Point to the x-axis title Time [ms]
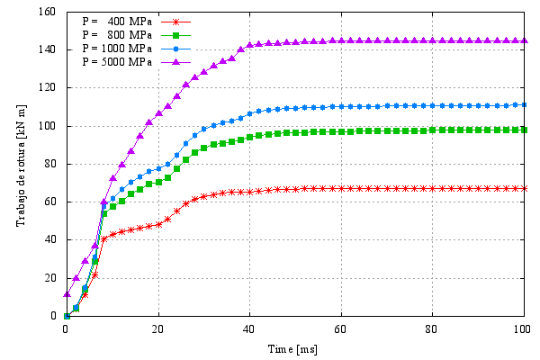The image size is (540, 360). coord(294,347)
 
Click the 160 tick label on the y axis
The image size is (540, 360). coord(48,12)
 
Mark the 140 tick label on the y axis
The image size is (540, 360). coord(48,50)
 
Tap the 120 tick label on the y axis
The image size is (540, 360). coord(48,88)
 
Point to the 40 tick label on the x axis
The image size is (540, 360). coord(248,328)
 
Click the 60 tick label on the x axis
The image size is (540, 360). coord(340,328)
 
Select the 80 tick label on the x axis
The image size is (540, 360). coord(432,328)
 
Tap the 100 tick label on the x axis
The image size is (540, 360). coord(523,328)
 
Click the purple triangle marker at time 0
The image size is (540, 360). coord(67,294)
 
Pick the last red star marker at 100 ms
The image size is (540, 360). coord(524,188)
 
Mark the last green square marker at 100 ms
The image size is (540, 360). coord(524,130)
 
